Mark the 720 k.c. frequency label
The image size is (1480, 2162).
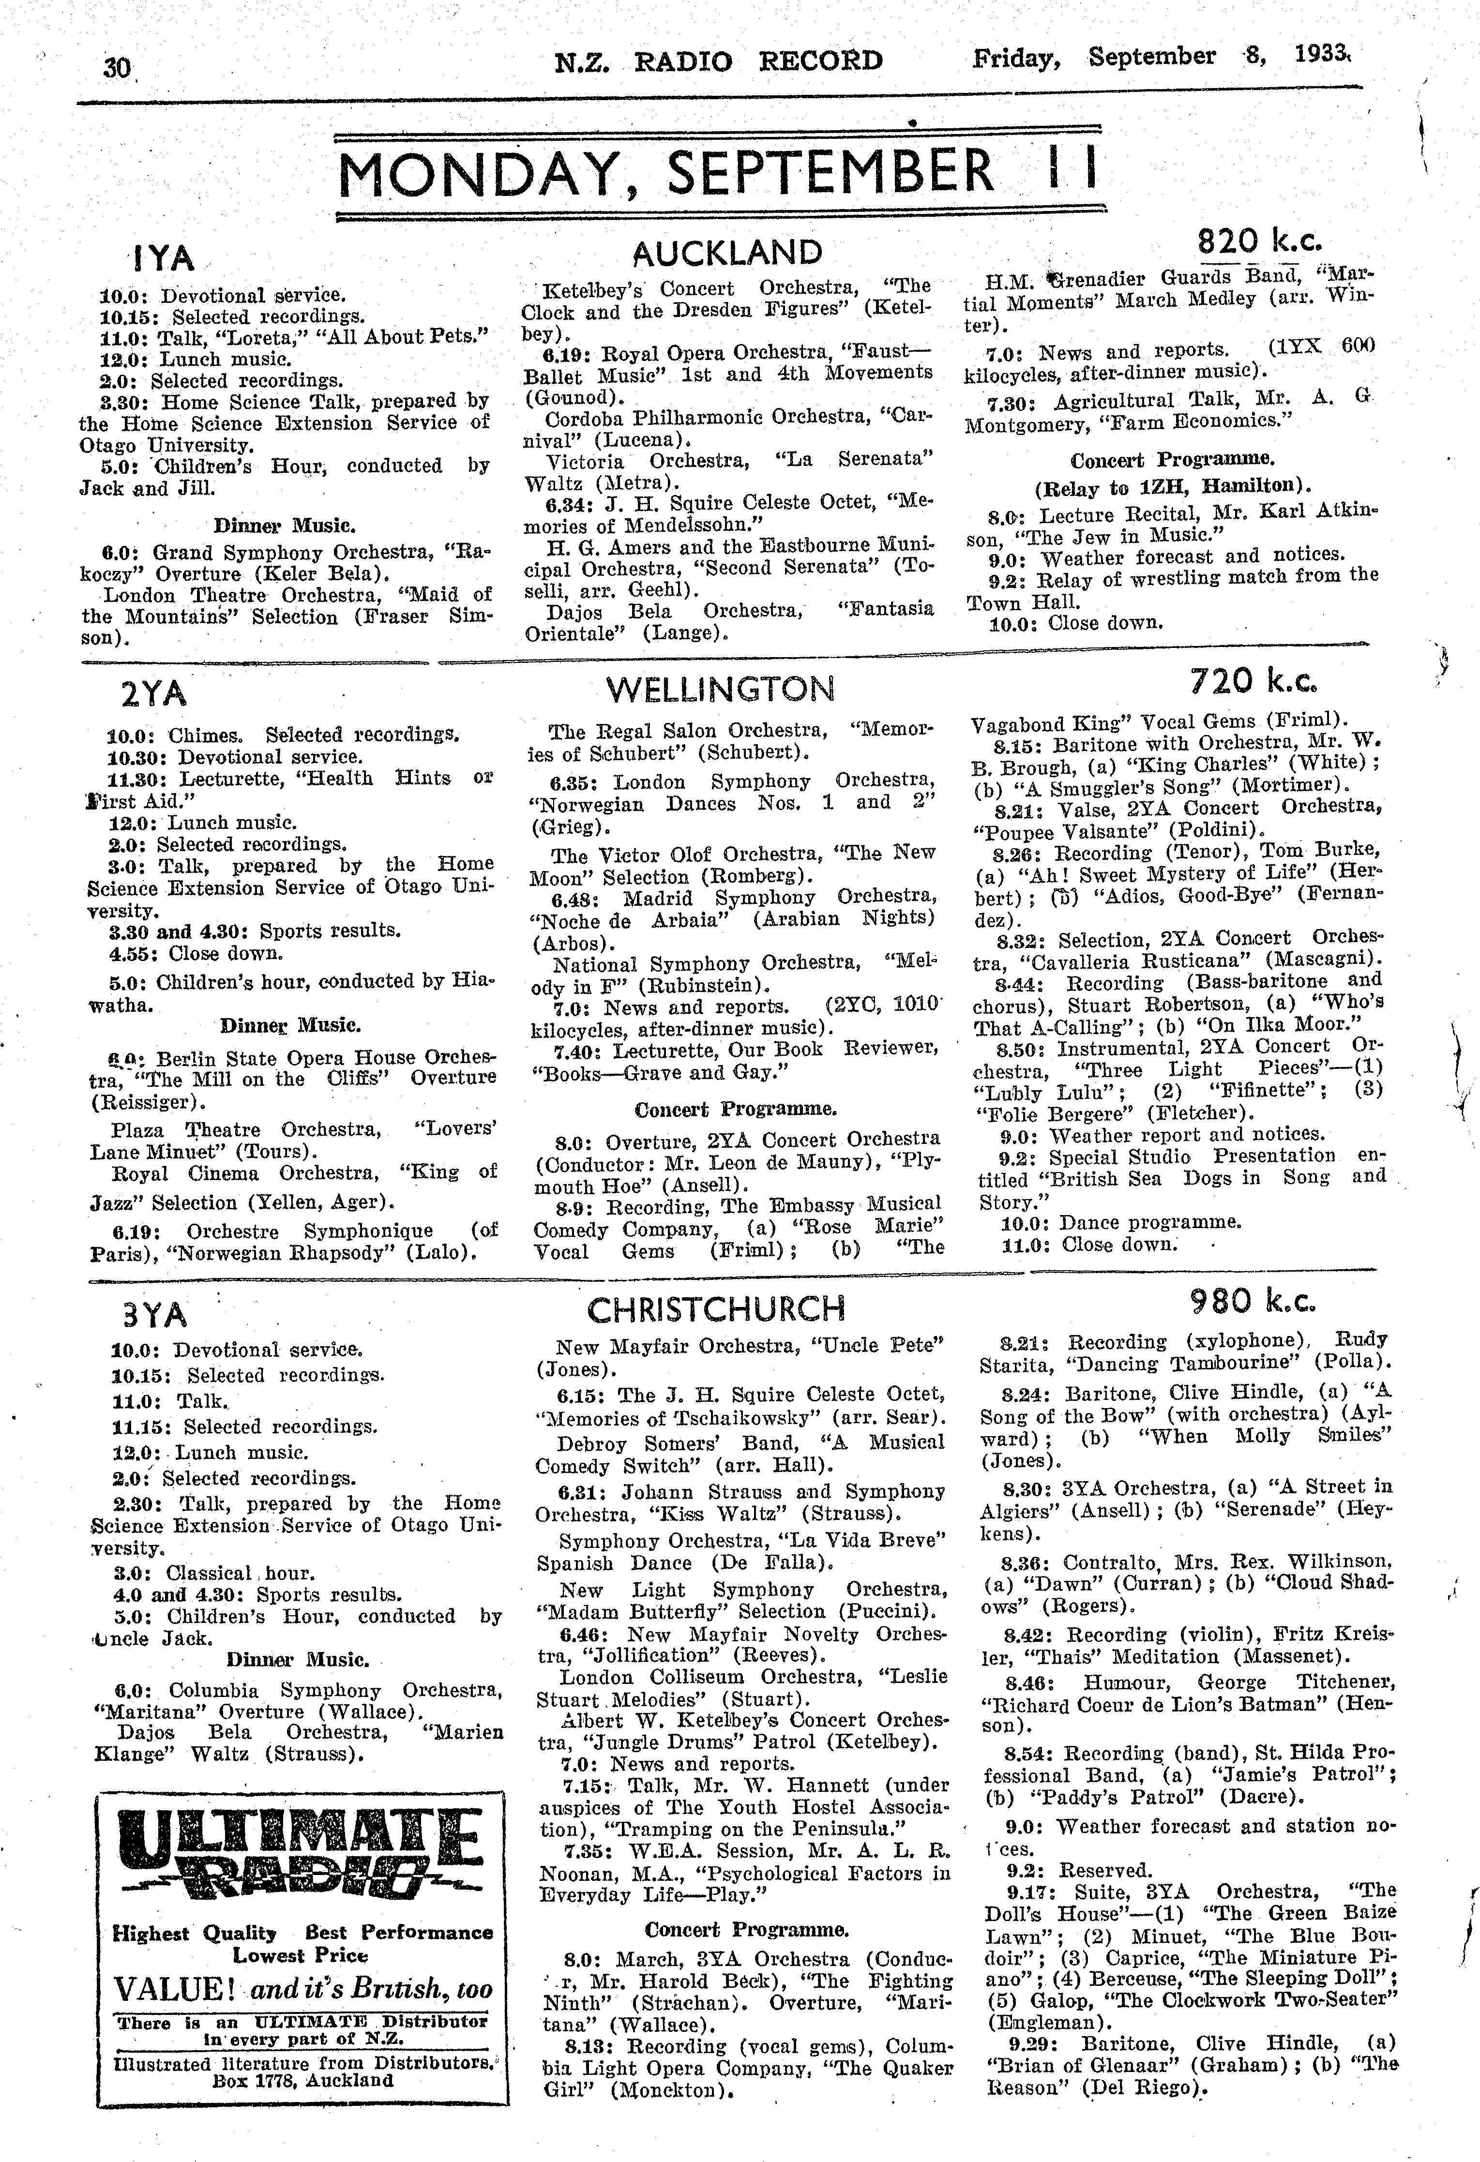(1252, 682)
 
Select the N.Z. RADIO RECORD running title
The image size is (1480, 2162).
(717, 61)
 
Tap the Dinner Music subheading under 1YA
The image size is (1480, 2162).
(284, 525)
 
